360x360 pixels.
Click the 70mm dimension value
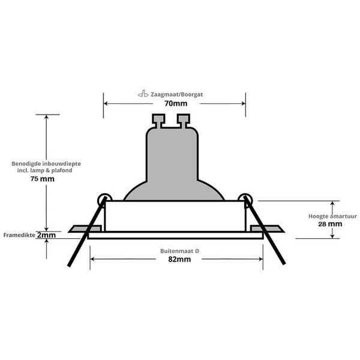pyautogui.click(x=175, y=103)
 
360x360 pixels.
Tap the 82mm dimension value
pyautogui.click(x=176, y=259)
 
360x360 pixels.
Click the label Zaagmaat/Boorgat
pyautogui.click(x=179, y=94)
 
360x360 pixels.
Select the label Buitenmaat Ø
pyautogui.click(x=176, y=250)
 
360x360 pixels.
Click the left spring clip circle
pyautogui.click(x=104, y=199)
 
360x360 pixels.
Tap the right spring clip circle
pyautogui.click(x=245, y=199)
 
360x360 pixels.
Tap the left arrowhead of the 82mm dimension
pyautogui.click(x=93, y=259)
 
